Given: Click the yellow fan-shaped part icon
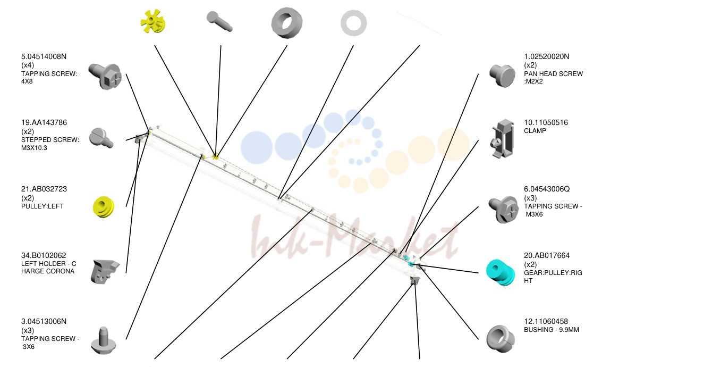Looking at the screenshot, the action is point(153,21).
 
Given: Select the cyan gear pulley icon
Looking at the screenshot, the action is point(500,272).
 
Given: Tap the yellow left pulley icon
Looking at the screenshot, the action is point(104,207).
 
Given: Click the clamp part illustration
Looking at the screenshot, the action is point(502,139).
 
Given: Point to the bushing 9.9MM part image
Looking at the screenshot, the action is point(501,338).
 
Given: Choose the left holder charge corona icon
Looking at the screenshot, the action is point(105,271).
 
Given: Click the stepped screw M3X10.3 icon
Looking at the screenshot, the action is point(101,138).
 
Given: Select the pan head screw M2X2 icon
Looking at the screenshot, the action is point(502,76).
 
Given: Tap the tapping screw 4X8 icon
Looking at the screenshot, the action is point(105,77).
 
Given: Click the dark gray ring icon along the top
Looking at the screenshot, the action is point(287,23).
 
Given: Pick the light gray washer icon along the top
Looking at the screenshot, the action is point(353,23).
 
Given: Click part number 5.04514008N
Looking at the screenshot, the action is point(44,57).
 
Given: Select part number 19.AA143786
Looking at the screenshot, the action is point(44,122).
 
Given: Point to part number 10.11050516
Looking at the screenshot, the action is point(546,122).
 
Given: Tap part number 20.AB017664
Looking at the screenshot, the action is point(547,255).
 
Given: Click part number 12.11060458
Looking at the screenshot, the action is point(546,321).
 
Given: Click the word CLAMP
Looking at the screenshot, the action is point(535,131).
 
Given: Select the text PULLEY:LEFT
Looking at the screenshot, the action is point(43,206).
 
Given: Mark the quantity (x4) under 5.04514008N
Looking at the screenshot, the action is point(28,65).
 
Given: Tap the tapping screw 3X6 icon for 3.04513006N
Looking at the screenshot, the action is point(103,340).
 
